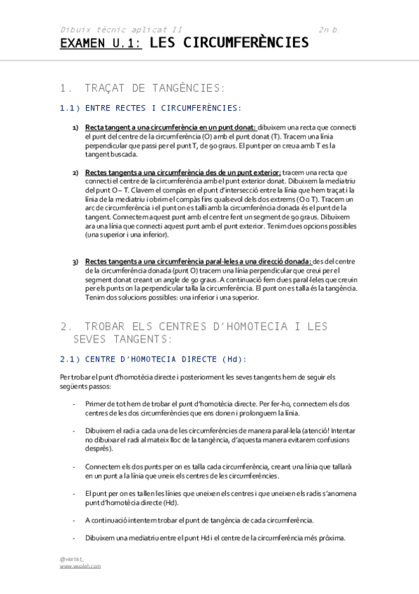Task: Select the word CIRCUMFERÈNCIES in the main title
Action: [x=249, y=43]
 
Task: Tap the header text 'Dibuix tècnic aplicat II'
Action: [x=120, y=30]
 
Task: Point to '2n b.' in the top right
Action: [x=329, y=30]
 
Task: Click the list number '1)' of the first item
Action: [x=76, y=127]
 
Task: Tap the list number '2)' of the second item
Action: [x=76, y=172]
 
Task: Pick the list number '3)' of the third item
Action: [x=76, y=262]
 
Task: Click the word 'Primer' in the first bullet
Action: [x=94, y=405]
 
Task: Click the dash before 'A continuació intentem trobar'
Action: [x=73, y=520]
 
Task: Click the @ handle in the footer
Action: [x=72, y=558]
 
